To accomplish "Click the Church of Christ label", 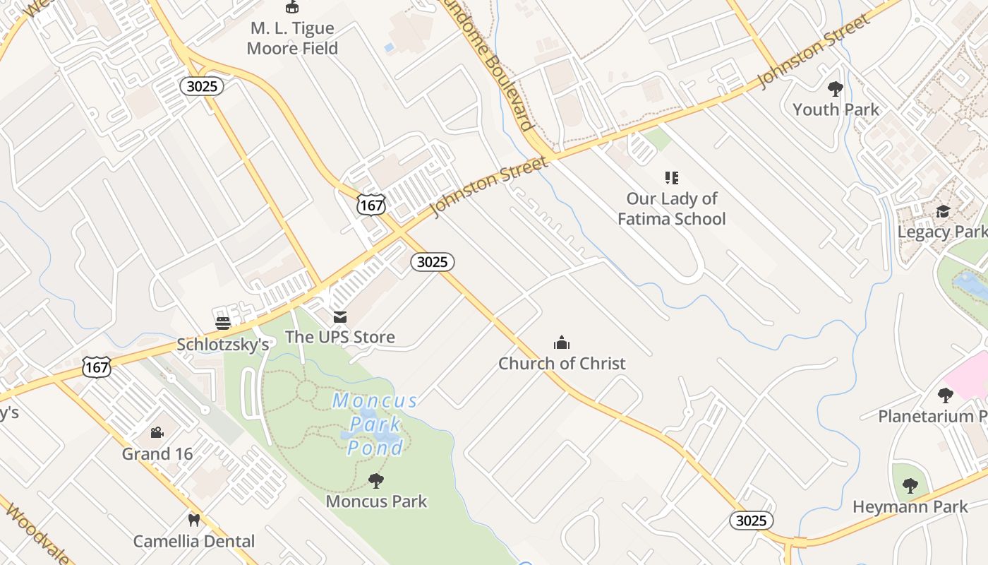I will (562, 364).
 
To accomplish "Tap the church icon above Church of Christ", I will (562, 343).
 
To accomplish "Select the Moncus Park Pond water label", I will (375, 424).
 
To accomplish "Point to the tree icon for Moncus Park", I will (376, 481).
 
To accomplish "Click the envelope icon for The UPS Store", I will (340, 317).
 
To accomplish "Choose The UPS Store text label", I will (340, 337).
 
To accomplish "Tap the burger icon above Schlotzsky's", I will (223, 323).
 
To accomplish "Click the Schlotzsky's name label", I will (223, 345).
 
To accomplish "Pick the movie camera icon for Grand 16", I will (157, 432).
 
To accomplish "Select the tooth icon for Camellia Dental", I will (194, 521).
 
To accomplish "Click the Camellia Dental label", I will (194, 542).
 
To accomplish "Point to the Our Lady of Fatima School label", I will (671, 208).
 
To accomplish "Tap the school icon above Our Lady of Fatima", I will (671, 177).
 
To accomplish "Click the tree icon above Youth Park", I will (836, 89).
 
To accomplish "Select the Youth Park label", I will (836, 109).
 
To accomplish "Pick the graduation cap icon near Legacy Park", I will (943, 211).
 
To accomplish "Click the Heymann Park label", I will (910, 507).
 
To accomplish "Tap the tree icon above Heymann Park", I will (910, 486).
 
